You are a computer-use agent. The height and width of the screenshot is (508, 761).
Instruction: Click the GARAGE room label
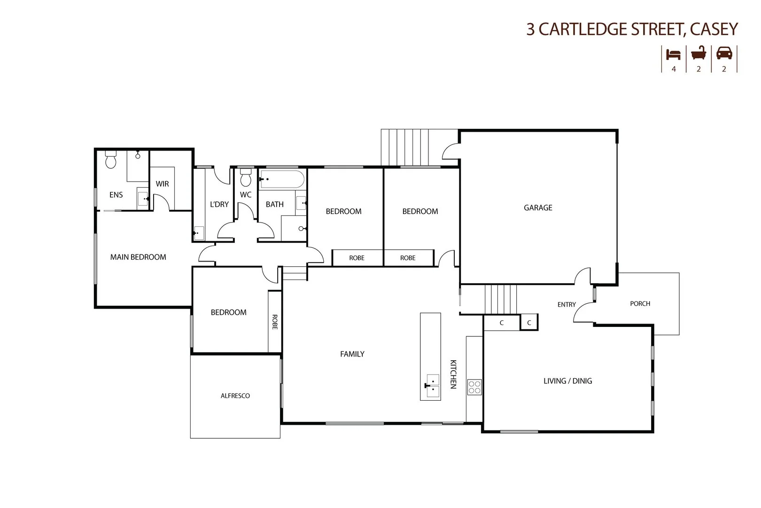(538, 207)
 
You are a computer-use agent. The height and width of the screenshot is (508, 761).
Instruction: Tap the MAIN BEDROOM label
(138, 257)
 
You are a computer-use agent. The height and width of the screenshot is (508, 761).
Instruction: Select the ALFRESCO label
(235, 396)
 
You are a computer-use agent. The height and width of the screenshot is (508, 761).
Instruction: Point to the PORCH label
(640, 303)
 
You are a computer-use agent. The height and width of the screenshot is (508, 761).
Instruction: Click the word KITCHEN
(453, 374)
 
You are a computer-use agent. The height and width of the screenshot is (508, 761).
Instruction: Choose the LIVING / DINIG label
(567, 381)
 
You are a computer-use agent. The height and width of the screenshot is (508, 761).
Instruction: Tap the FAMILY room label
(352, 354)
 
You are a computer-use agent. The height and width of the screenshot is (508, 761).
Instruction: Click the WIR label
(163, 184)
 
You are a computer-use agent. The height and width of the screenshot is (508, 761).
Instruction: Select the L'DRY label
(219, 204)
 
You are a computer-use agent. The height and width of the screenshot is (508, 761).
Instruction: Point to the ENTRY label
(567, 304)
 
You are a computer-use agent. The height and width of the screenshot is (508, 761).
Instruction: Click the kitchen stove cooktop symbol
(474, 386)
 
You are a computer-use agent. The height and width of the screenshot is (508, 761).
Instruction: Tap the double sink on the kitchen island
(431, 386)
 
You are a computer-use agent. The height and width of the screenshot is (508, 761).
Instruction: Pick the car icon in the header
(724, 54)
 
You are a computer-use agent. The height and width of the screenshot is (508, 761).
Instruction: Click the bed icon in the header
(674, 54)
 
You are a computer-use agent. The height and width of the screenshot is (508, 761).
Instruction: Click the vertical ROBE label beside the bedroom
(275, 322)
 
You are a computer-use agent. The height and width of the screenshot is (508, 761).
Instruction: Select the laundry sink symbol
(198, 232)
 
